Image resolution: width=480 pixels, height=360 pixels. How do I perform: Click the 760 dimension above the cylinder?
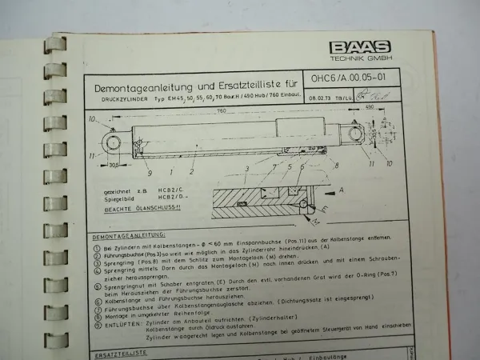coord(220,113)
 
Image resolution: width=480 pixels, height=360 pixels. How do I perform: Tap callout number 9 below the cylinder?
coord(150,172)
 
